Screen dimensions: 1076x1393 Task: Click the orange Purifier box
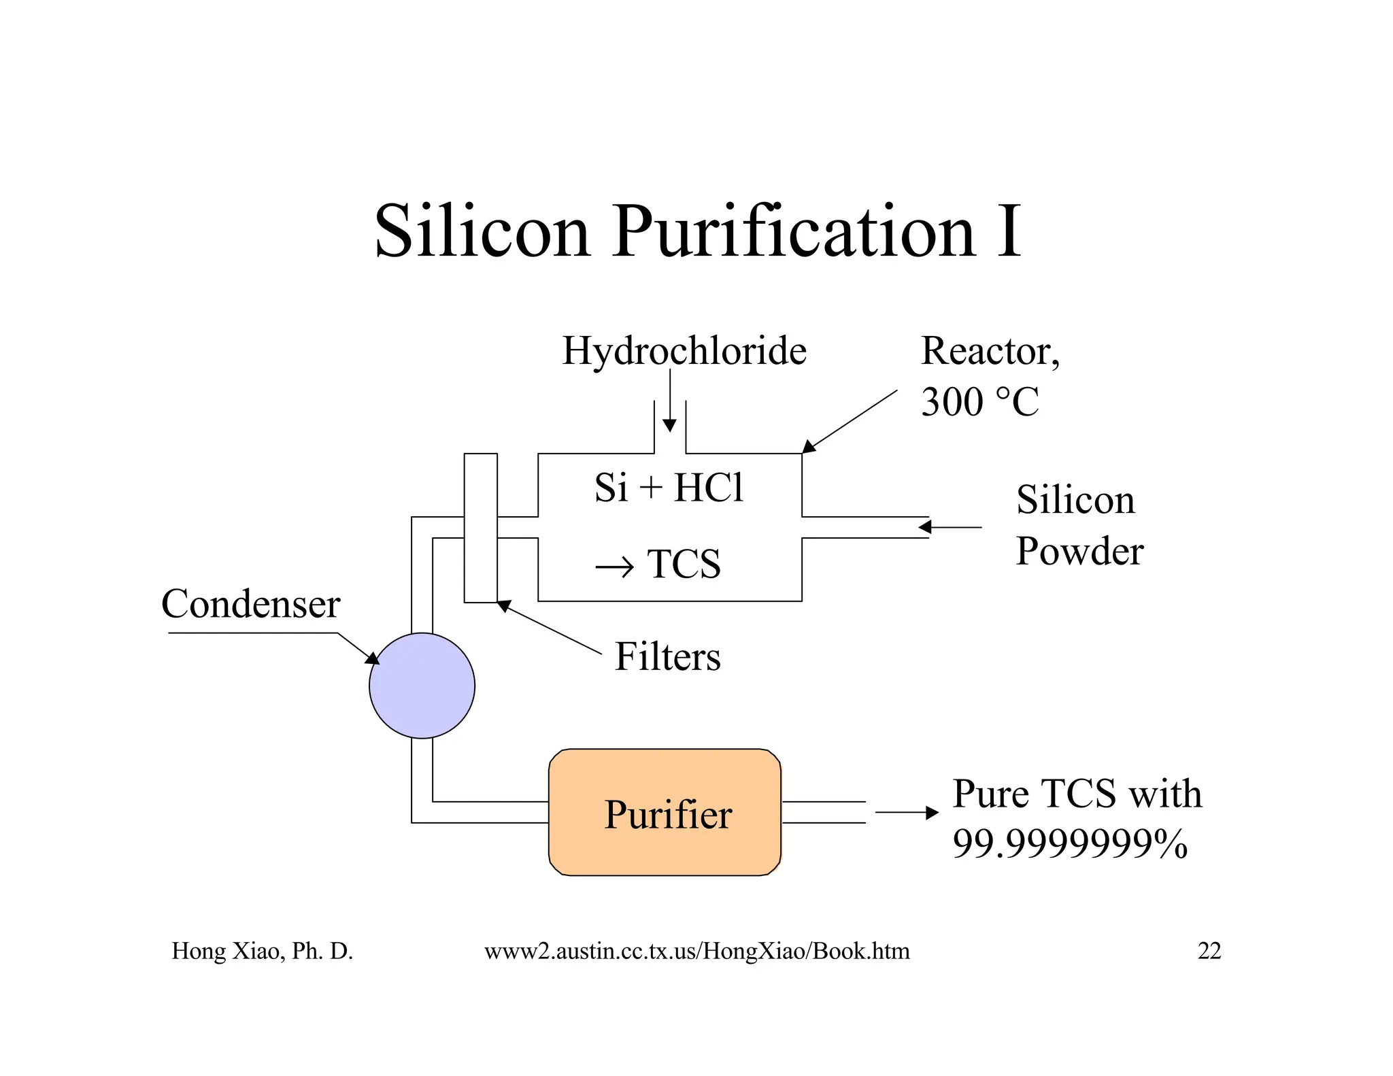pos(665,812)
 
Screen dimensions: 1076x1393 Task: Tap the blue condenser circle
pos(422,686)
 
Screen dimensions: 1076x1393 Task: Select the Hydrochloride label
pos(684,352)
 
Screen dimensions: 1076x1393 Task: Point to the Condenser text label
pos(250,604)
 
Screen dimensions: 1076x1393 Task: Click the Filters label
pos(667,657)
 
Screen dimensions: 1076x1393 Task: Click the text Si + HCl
pos(669,488)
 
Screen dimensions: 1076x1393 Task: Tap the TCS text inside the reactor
pos(683,564)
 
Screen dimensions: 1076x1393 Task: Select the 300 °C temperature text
pos(979,401)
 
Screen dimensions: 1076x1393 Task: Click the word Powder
pos(1079,551)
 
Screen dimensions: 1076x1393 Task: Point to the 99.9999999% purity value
pos(1069,844)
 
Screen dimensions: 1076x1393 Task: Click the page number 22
pos(1209,951)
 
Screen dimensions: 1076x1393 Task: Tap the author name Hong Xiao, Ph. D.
pos(262,951)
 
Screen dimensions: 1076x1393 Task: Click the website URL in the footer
pos(696,951)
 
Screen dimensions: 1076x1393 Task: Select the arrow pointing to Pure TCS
pos(907,812)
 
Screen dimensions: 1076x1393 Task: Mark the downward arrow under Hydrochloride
pos(669,401)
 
